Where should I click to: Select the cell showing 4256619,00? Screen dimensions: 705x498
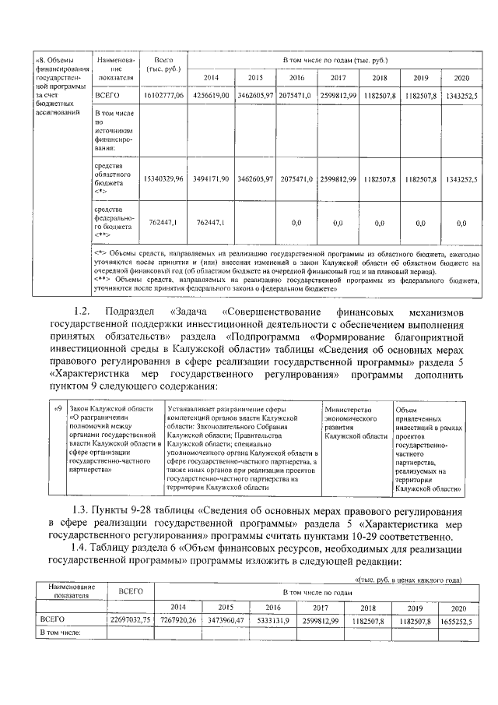[211, 95]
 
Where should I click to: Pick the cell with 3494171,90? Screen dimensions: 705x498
[211, 179]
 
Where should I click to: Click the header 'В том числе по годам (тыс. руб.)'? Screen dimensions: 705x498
[335, 60]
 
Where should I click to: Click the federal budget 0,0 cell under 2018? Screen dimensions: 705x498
[379, 224]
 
